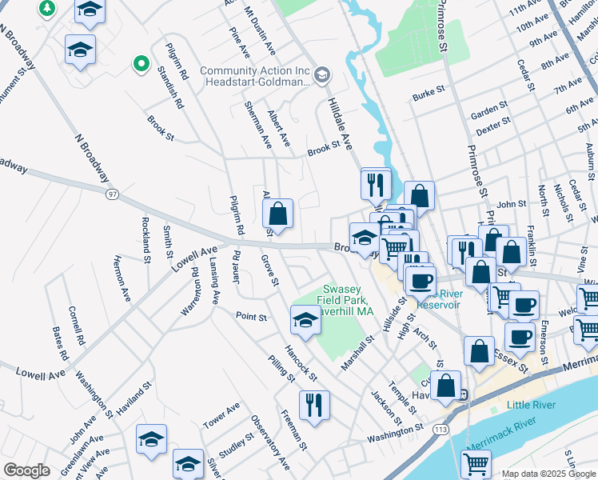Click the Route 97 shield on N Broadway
[112, 194]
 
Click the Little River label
[531, 405]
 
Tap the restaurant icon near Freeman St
[314, 404]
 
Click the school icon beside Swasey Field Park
[305, 321]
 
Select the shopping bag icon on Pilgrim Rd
[278, 214]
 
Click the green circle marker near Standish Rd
[141, 62]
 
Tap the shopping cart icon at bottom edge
[476, 463]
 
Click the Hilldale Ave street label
[341, 124]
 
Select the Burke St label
[428, 95]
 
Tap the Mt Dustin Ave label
[260, 30]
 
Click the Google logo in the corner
[26, 470]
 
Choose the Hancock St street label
[301, 363]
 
